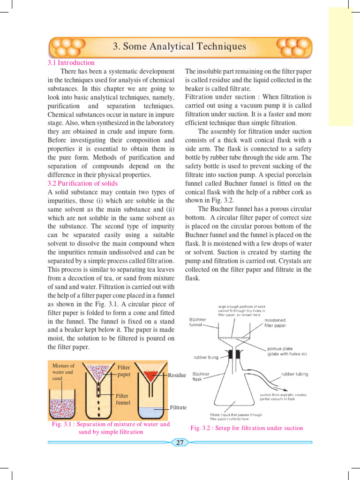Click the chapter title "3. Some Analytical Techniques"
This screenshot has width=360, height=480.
(180, 46)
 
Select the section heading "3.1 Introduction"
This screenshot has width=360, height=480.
(71, 63)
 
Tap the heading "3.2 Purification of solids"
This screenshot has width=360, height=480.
(82, 183)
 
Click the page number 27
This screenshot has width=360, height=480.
(180, 442)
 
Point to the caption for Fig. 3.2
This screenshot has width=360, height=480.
(247, 428)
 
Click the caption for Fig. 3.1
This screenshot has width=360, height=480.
(111, 428)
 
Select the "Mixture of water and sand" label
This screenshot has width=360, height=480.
(63, 372)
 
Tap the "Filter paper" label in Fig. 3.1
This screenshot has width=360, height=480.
(124, 371)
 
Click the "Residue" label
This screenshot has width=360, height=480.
(177, 375)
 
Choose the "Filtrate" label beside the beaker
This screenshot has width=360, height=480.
(178, 407)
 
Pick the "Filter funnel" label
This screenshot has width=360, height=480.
(123, 399)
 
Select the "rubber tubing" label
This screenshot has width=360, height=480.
(294, 375)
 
